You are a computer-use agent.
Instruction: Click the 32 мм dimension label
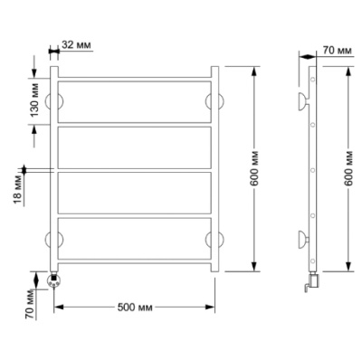click(x=76, y=45)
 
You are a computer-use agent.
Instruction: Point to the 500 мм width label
click(x=135, y=308)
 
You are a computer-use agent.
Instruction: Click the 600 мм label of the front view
click(x=254, y=168)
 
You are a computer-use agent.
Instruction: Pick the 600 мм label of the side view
click(x=348, y=168)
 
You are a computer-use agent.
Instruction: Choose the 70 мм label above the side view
click(x=338, y=51)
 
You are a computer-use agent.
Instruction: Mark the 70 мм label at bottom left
click(x=30, y=305)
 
